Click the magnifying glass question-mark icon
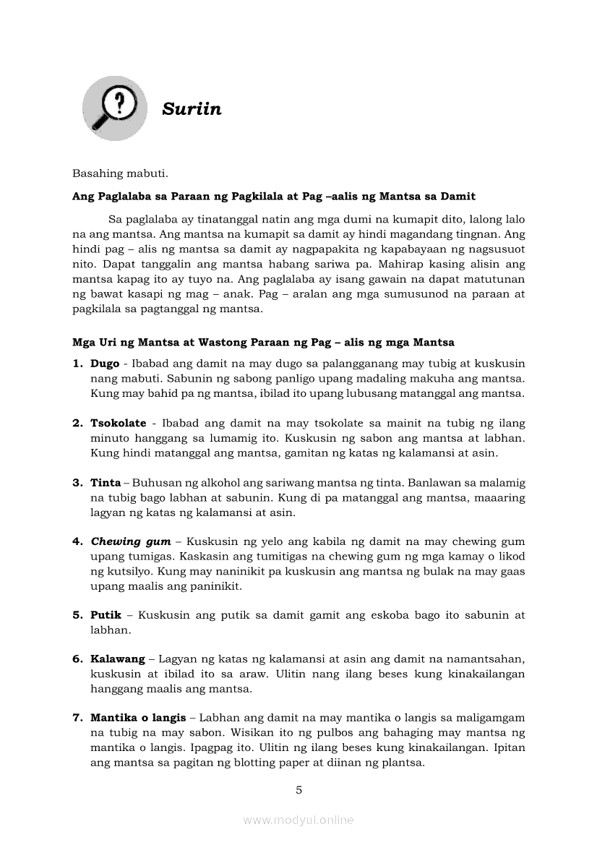[114, 108]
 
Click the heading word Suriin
[192, 109]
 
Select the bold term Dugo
[105, 364]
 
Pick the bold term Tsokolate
[118, 423]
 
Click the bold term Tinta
[106, 482]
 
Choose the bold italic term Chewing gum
[131, 541]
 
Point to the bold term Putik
[106, 615]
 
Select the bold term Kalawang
[117, 659]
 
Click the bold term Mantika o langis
[138, 718]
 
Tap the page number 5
[298, 790]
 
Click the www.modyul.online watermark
[298, 820]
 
